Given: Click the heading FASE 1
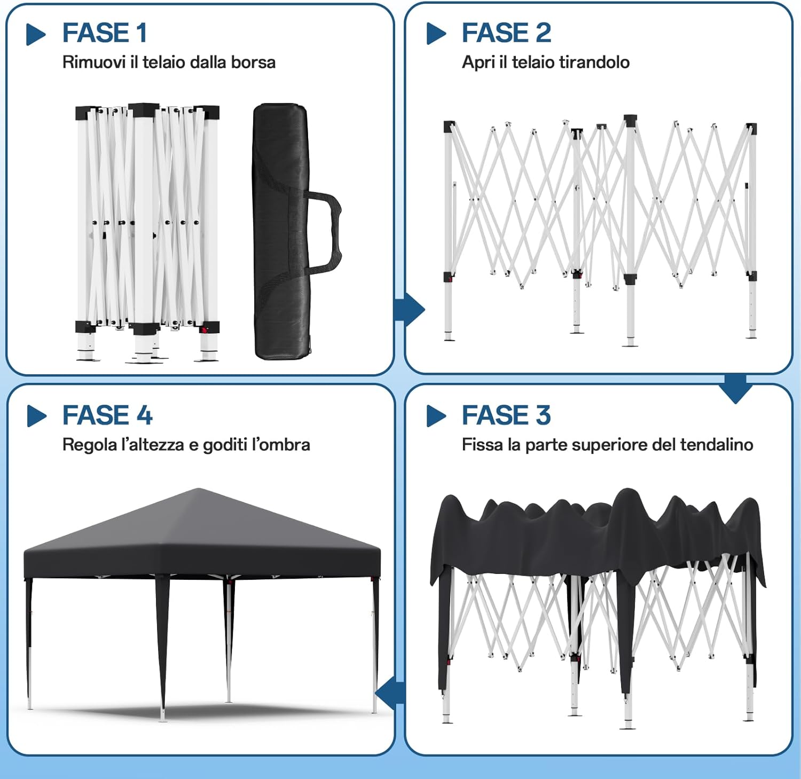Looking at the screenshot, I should click(105, 33).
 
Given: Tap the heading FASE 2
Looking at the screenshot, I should click(506, 33).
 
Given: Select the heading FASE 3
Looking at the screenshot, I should click(506, 415).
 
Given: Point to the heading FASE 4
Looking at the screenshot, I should click(107, 415).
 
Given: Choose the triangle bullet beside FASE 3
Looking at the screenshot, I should click(435, 416).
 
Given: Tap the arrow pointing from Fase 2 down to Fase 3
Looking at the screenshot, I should click(735, 389).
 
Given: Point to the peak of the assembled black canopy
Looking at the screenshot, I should click(198, 490).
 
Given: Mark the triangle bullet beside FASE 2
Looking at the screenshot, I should click(435, 34).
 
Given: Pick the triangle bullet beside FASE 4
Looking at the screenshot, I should click(36, 416).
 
